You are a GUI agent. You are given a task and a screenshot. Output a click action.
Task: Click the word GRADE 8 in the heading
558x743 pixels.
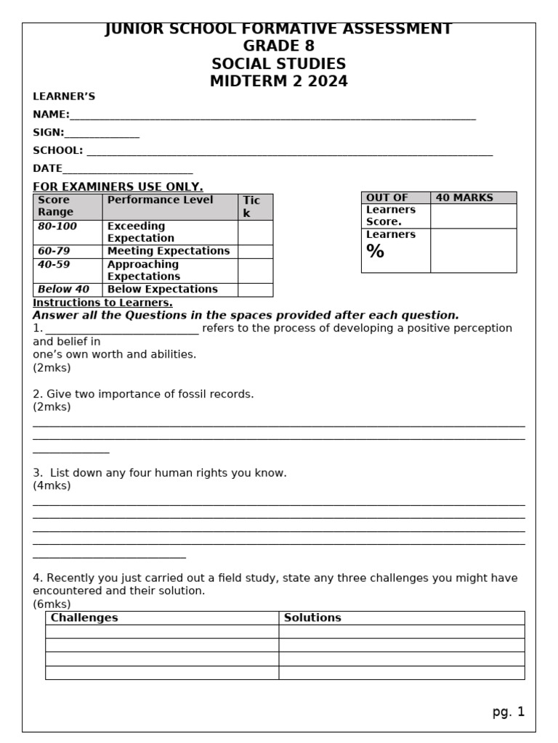click(279, 46)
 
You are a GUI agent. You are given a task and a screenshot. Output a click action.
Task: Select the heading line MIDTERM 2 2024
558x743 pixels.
click(279, 81)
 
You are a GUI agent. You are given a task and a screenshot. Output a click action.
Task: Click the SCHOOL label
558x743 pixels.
click(58, 151)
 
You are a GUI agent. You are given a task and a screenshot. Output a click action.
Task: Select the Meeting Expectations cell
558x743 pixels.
click(169, 251)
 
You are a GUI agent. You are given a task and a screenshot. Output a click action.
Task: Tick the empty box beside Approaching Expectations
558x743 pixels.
click(255, 271)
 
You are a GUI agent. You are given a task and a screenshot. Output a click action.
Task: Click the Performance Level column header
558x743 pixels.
click(161, 200)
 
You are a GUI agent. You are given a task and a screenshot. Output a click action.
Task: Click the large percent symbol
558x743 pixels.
click(376, 252)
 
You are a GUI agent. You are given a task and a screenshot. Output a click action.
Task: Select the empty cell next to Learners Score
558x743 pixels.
click(473, 216)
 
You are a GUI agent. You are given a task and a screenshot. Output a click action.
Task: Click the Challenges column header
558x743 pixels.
click(84, 618)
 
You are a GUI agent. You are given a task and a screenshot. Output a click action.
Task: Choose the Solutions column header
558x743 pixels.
click(312, 618)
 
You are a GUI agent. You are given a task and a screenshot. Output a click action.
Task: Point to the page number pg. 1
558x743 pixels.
click(508, 712)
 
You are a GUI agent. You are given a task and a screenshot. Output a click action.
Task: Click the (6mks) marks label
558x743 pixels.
click(52, 604)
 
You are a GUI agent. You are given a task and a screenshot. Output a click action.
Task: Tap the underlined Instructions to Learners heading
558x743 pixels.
click(102, 303)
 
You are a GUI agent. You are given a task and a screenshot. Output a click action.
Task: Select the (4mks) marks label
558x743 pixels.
click(52, 486)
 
